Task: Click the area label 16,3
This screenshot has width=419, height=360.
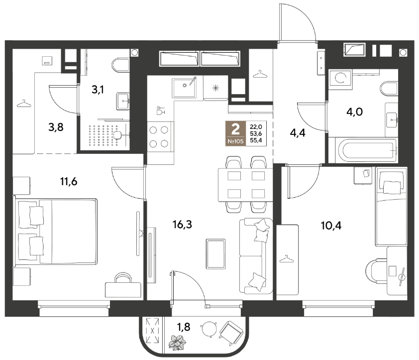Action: tap(182, 225)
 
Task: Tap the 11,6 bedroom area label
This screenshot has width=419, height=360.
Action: tap(69, 182)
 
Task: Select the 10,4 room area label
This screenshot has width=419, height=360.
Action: tap(331, 226)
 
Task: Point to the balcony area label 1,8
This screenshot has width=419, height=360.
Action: tap(184, 327)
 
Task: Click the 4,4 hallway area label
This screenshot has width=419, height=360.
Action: tap(298, 132)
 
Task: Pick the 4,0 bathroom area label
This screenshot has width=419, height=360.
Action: tap(355, 112)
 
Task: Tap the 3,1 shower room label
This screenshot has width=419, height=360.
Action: tap(98, 90)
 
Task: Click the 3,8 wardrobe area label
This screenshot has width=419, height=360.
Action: tap(56, 127)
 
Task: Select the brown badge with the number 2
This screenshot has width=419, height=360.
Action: tap(235, 133)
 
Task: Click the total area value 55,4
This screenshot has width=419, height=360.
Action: tap(256, 140)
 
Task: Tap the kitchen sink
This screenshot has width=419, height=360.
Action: tap(184, 88)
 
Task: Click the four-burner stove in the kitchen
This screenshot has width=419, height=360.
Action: tap(159, 137)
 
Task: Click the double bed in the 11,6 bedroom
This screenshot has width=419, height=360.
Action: tap(56, 231)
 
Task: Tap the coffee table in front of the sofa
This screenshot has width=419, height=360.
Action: tap(215, 254)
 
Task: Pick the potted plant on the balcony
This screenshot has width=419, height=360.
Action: tap(178, 343)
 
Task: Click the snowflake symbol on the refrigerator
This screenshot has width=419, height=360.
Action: tap(215, 88)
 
